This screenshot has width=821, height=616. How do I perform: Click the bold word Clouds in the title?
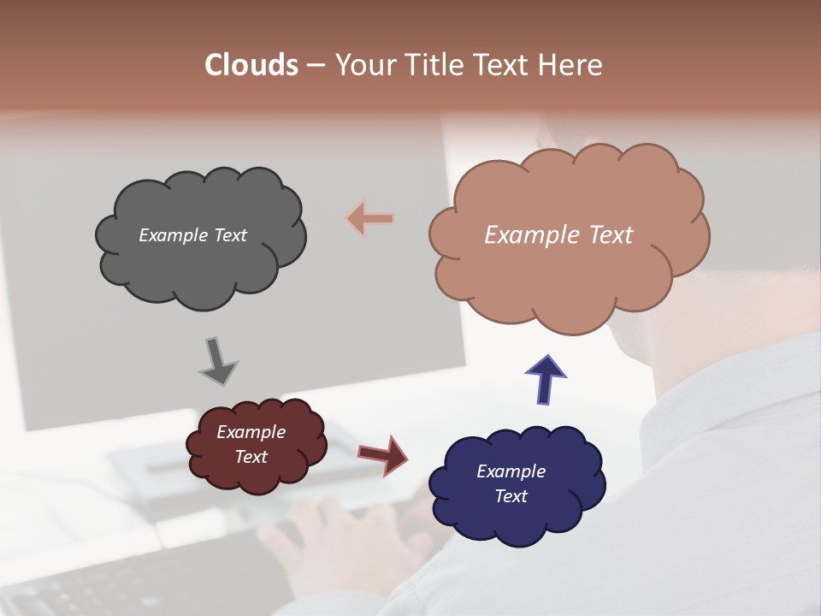(251, 65)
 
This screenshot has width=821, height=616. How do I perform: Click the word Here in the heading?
(572, 65)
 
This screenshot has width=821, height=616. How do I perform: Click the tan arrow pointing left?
(371, 219)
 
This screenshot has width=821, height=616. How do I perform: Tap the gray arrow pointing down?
(217, 361)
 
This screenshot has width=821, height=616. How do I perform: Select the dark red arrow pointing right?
(382, 454)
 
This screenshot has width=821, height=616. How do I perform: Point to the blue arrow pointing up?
(546, 379)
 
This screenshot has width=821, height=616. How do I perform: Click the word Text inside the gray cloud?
(231, 235)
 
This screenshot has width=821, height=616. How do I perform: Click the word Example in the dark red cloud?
(251, 432)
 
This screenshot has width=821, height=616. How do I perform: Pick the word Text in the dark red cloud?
(251, 457)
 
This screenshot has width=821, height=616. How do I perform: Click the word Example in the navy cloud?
(511, 471)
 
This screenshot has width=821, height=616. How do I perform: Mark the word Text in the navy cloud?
(511, 496)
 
